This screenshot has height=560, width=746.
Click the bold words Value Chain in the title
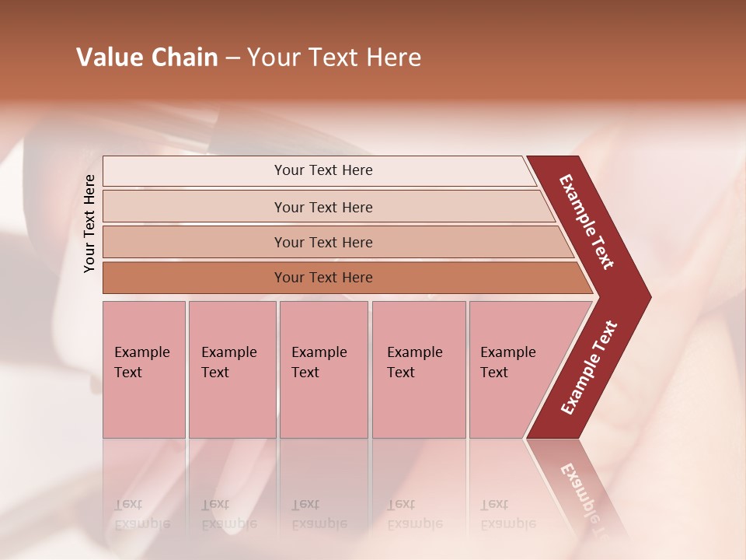click(147, 58)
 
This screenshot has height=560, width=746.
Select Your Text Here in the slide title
click(334, 58)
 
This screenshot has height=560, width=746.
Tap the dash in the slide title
click(232, 58)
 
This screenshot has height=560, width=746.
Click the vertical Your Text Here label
click(89, 224)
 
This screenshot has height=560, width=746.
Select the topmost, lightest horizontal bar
click(322, 170)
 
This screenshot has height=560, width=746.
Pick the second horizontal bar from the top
click(322, 207)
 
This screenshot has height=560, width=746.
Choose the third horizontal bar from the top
click(322, 243)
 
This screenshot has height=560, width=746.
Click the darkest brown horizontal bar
click(322, 278)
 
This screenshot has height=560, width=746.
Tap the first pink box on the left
click(144, 369)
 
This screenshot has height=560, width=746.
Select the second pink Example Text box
click(232, 369)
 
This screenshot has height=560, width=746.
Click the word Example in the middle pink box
click(319, 352)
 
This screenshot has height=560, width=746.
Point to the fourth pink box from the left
click(418, 369)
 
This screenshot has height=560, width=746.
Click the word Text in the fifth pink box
click(493, 373)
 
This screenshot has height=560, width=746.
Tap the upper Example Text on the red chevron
click(587, 222)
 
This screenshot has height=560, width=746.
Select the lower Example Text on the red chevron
click(588, 368)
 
